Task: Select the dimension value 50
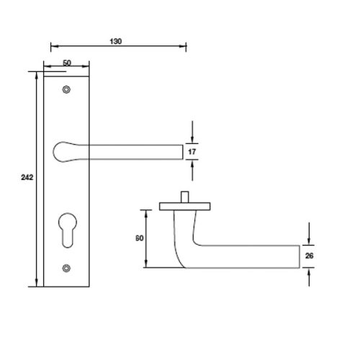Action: tap(66, 64)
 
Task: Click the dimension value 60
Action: tap(138, 238)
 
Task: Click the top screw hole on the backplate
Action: tap(67, 90)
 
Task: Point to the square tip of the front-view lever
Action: tap(179, 151)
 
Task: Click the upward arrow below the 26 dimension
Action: tap(309, 271)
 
